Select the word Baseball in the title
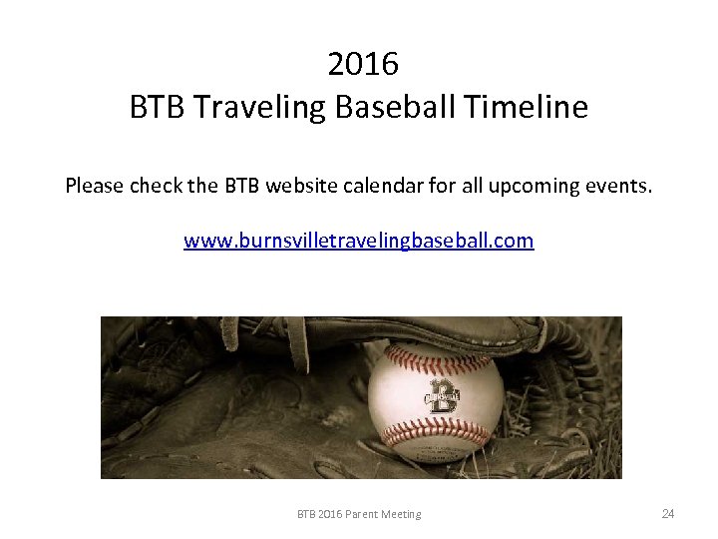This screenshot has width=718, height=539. click(x=386, y=107)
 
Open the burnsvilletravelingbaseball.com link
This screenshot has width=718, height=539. click(x=359, y=241)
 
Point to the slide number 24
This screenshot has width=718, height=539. click(x=668, y=514)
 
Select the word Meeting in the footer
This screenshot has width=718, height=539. click(x=401, y=515)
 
